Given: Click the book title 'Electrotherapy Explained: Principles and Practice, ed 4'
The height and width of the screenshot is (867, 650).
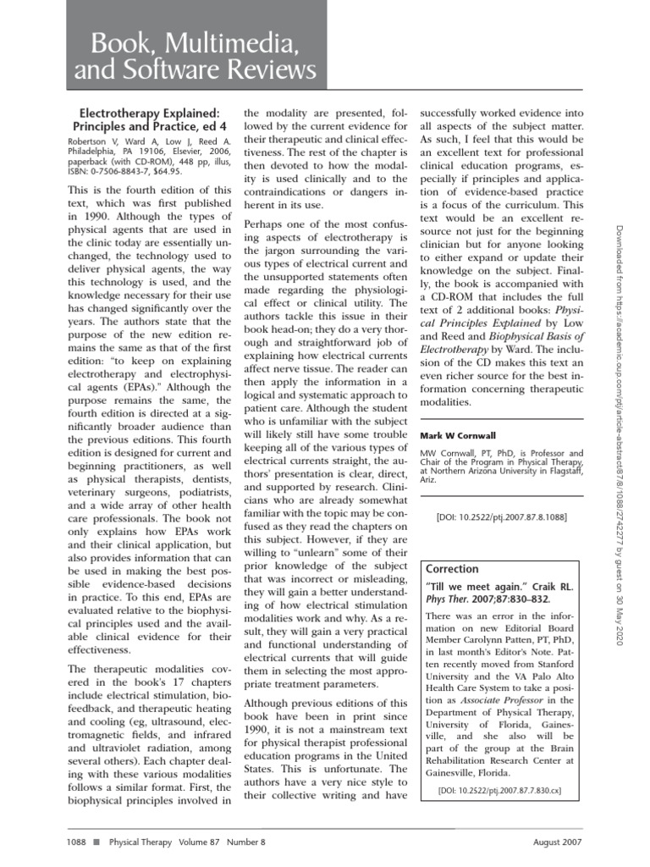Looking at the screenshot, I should (x=149, y=119).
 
